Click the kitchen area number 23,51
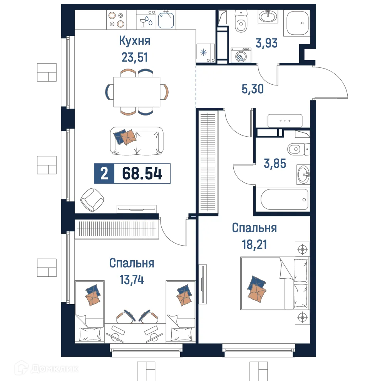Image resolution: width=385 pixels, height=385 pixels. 134,58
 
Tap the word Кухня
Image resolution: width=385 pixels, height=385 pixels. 134,41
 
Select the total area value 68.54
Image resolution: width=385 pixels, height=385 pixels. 142,174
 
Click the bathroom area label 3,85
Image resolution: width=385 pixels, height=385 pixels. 275,164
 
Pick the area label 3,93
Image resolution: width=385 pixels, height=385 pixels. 266,43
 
